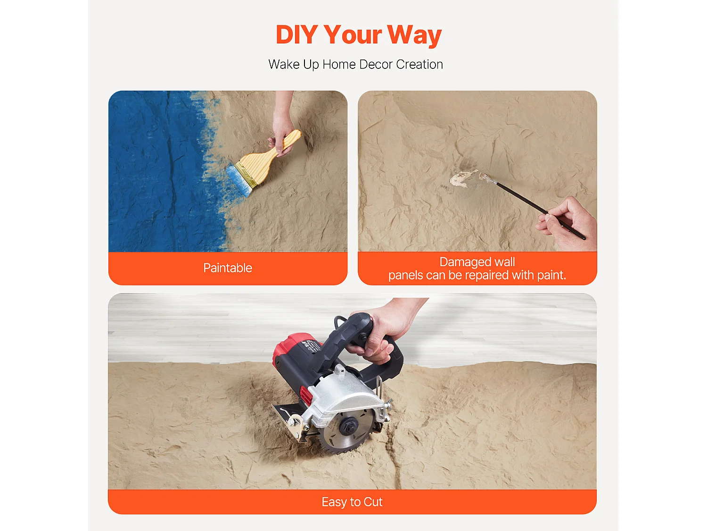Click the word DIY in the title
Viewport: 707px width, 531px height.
[x=296, y=34]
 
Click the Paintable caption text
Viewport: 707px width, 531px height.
[x=228, y=268]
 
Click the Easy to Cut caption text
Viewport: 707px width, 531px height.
[x=352, y=502]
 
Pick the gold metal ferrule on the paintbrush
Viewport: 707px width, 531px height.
[x=246, y=175]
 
